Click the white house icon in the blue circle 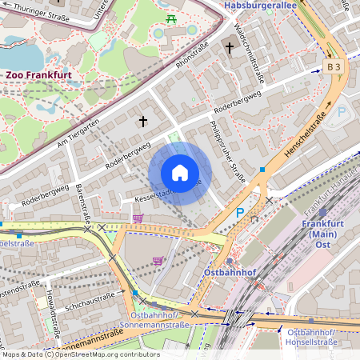[x=180, y=174]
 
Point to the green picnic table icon [x=171, y=18]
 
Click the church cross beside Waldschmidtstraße [x=229, y=48]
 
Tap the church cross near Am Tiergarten [x=143, y=122]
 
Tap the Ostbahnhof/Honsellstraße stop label [x=320, y=337]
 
